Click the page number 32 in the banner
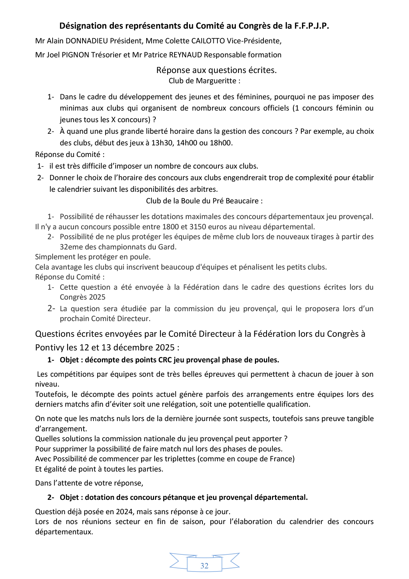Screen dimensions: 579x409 coord(204,566)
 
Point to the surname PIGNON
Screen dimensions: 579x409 coord(76,55)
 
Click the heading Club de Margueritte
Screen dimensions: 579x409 coord(204,81)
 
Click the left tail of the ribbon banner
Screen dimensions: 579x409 coord(178,561)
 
